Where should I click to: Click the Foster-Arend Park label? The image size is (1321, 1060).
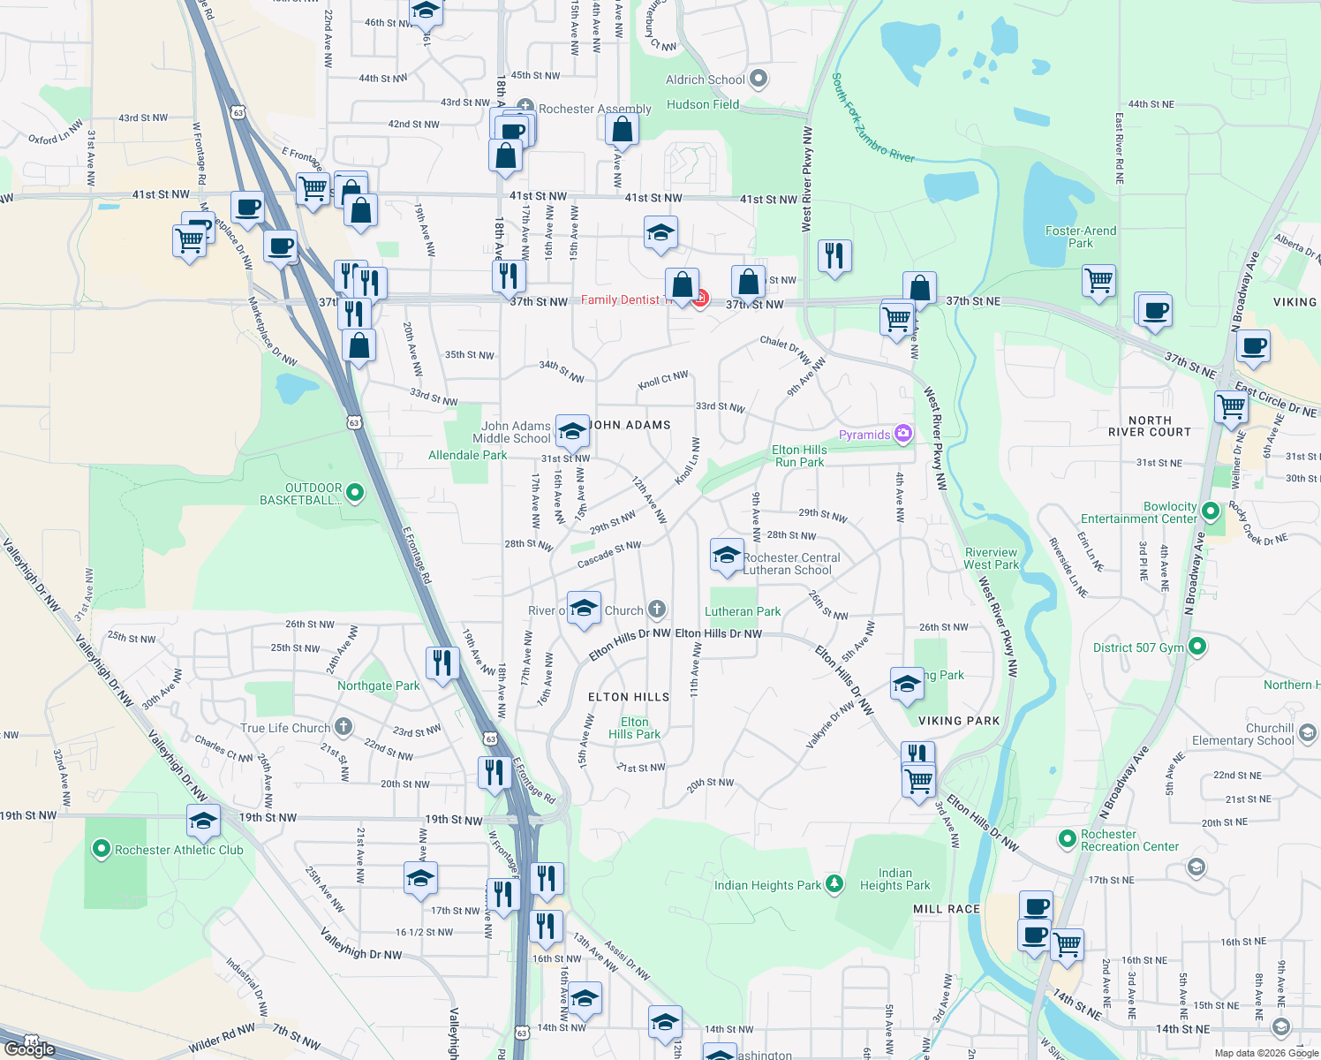pyautogui.click(x=1080, y=237)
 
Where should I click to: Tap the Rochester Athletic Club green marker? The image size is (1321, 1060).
pyautogui.click(x=102, y=850)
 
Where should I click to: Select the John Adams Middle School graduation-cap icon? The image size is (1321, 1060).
pyautogui.click(x=572, y=432)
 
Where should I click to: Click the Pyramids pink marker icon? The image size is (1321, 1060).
pyautogui.click(x=902, y=434)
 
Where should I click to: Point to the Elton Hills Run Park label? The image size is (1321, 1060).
pyautogui.click(x=799, y=456)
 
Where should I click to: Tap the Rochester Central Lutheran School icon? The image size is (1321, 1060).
pyautogui.click(x=726, y=556)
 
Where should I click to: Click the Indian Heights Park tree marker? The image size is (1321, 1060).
pyautogui.click(x=834, y=884)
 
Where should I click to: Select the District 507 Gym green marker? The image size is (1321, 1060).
pyautogui.click(x=1197, y=647)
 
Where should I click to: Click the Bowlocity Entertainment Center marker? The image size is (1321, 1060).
pyautogui.click(x=1211, y=511)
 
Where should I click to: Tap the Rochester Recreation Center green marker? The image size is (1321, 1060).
pyautogui.click(x=1068, y=837)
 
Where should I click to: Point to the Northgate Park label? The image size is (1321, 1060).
pyautogui.click(x=379, y=685)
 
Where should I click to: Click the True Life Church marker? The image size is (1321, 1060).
pyautogui.click(x=343, y=727)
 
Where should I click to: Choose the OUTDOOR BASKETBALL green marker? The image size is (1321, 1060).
pyautogui.click(x=355, y=493)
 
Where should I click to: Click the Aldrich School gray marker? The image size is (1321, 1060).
pyautogui.click(x=759, y=79)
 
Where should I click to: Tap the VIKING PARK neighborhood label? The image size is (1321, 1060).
pyautogui.click(x=959, y=721)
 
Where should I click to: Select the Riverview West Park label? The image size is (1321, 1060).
pyautogui.click(x=991, y=558)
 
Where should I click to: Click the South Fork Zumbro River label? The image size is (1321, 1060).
pyautogui.click(x=872, y=118)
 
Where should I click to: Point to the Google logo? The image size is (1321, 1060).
pyautogui.click(x=29, y=1049)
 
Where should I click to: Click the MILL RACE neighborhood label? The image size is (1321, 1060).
pyautogui.click(x=947, y=909)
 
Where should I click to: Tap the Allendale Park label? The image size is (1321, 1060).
pyautogui.click(x=467, y=456)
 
